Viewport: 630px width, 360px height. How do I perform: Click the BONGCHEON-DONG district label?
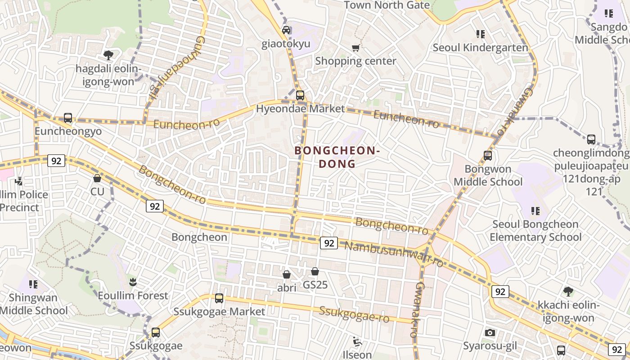click(x=337, y=157)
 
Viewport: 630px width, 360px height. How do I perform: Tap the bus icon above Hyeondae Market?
click(x=300, y=95)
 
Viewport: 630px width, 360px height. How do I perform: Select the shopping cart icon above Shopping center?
click(x=356, y=48)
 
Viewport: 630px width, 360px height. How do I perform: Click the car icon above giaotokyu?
click(x=286, y=30)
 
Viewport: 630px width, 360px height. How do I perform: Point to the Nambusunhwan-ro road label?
click(x=394, y=253)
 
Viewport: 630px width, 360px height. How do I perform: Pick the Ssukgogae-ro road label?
click(x=354, y=314)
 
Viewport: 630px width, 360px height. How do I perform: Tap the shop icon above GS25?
click(x=315, y=271)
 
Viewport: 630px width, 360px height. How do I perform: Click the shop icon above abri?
click(x=287, y=274)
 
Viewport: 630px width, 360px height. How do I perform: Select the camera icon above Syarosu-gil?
click(x=490, y=333)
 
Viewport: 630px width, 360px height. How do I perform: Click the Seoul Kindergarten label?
click(x=480, y=48)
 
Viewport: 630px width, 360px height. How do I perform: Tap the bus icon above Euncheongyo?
click(x=68, y=118)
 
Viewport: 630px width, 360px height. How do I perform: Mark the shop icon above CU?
click(x=97, y=178)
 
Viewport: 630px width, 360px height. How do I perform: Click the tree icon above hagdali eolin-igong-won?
click(x=108, y=55)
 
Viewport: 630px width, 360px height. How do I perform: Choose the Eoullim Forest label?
click(x=133, y=296)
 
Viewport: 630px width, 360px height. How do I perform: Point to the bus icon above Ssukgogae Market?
click(x=219, y=298)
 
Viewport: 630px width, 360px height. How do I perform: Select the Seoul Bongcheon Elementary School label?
click(x=535, y=230)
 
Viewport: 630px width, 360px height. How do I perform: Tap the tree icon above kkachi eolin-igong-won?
click(x=568, y=292)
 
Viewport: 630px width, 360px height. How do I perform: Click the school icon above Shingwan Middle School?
click(x=33, y=284)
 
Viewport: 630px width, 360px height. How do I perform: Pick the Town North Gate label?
click(x=387, y=5)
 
